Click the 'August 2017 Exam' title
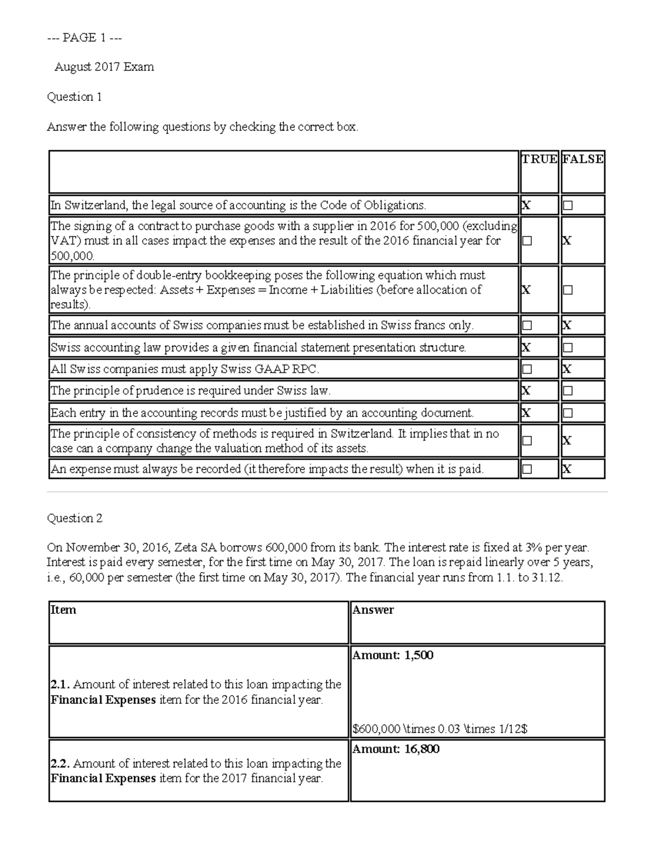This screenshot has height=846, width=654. (x=104, y=67)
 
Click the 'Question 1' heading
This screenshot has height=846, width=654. (x=74, y=97)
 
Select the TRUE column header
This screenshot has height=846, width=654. (x=539, y=159)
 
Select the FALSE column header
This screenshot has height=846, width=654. (x=583, y=159)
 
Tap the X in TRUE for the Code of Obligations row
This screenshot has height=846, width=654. (x=526, y=205)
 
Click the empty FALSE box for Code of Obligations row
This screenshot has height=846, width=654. (x=568, y=206)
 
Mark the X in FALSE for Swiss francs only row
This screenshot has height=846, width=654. (x=567, y=325)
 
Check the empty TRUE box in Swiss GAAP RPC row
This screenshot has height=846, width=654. (x=526, y=369)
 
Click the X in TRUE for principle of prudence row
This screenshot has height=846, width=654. (x=526, y=391)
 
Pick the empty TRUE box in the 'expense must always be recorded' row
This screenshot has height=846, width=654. (x=526, y=469)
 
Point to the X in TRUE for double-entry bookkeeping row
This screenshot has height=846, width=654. (x=526, y=290)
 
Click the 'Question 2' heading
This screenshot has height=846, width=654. (x=75, y=518)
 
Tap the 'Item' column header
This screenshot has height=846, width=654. (x=63, y=610)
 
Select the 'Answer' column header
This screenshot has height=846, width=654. (x=373, y=610)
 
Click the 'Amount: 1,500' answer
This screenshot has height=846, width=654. (x=392, y=655)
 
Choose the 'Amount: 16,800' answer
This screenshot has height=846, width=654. (x=396, y=749)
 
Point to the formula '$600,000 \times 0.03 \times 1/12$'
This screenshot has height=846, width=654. (x=440, y=728)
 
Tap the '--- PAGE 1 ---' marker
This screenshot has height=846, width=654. (x=84, y=38)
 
